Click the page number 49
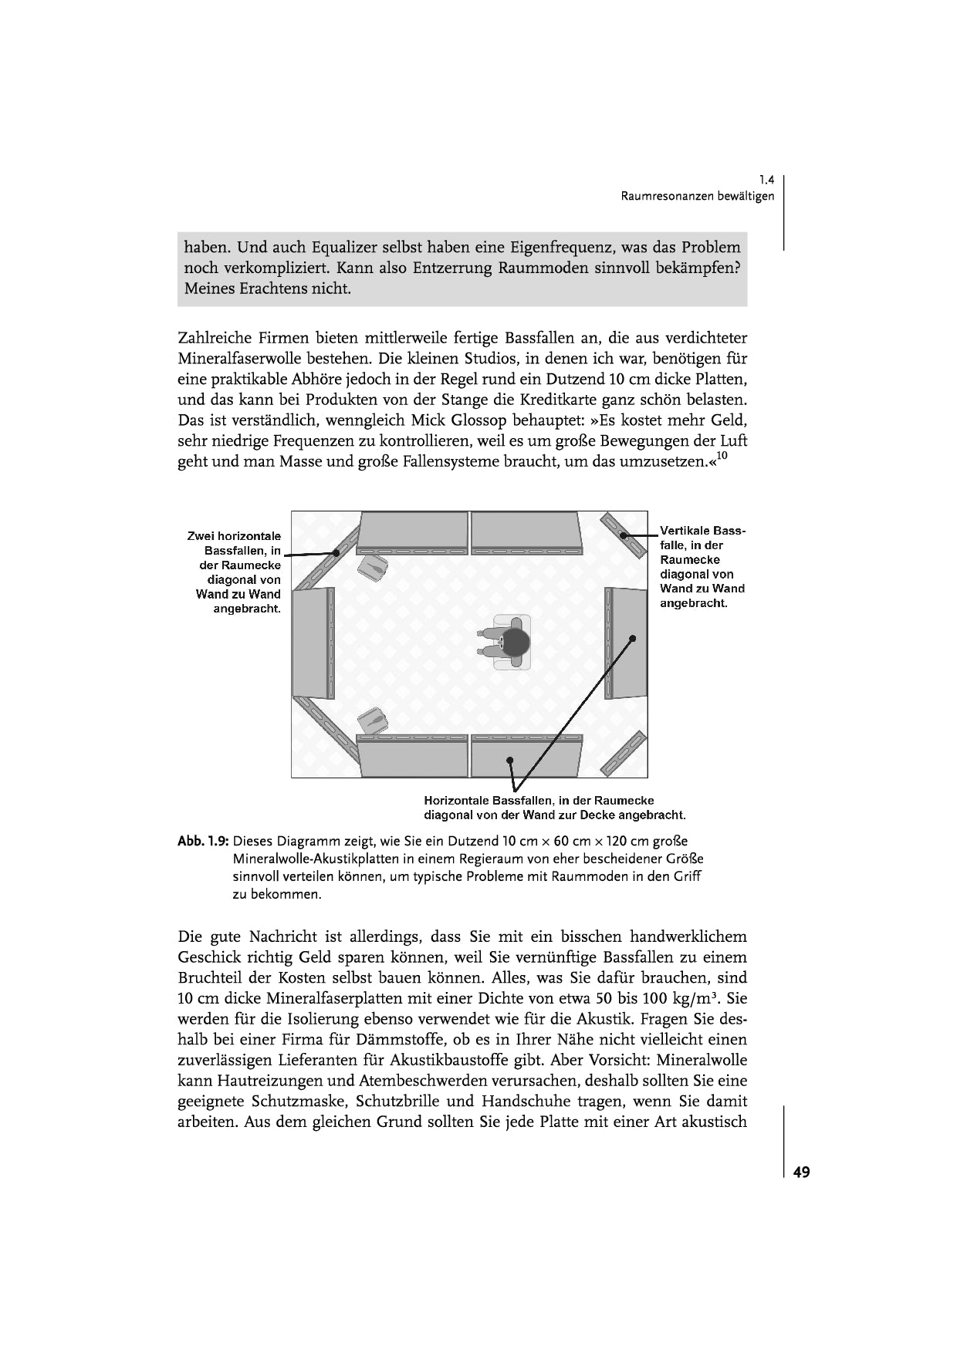[x=801, y=1172]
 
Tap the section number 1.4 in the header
[x=766, y=180]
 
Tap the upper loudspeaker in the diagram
[x=374, y=567]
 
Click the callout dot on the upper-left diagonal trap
[x=336, y=552]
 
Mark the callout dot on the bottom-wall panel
[x=510, y=761]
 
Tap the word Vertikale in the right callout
[x=685, y=531]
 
